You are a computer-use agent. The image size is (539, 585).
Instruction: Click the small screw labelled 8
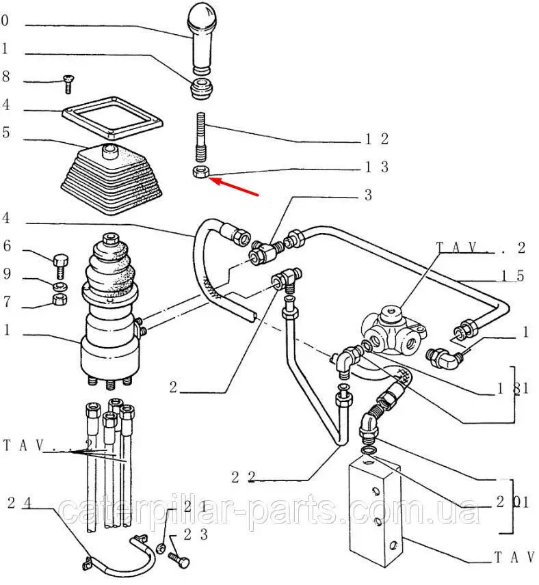click(x=67, y=83)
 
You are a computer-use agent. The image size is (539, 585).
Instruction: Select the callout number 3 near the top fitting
click(x=368, y=195)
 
